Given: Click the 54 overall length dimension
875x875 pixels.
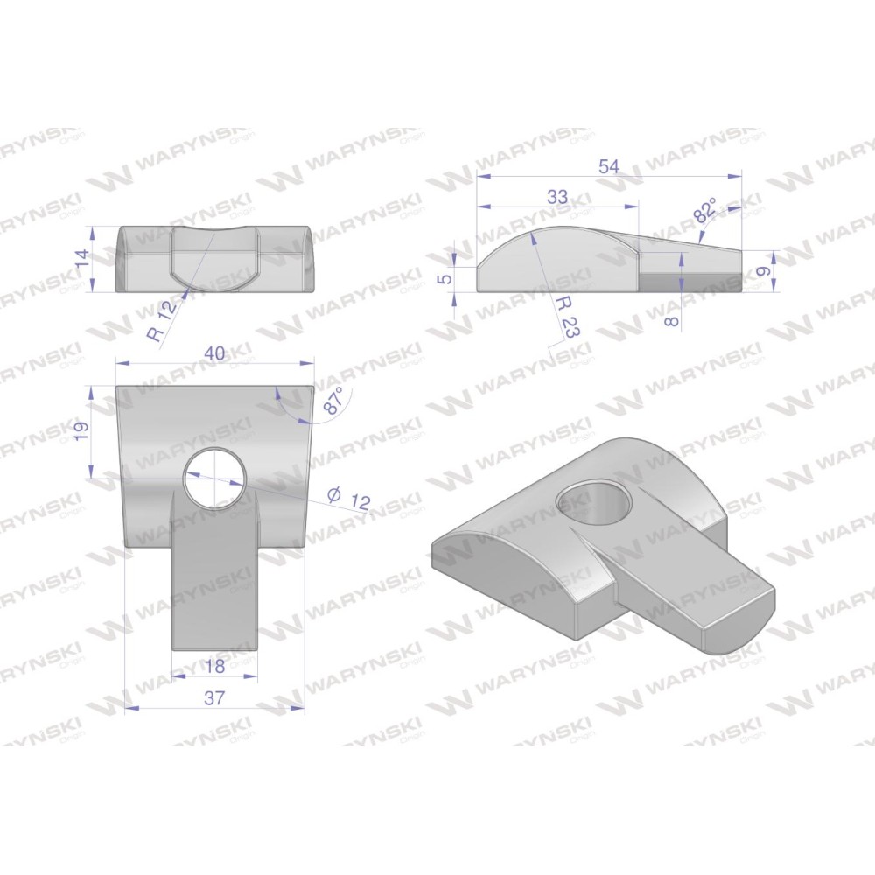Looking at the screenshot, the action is point(609,167).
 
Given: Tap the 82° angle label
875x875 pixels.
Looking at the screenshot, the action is point(704,210).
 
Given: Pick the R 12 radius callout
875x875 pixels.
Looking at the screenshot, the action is point(163,318).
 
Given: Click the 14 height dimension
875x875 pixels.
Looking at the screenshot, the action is point(81,258).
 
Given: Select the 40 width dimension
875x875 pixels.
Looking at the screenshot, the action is point(214,353).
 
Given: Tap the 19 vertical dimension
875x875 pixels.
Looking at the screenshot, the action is point(81,430).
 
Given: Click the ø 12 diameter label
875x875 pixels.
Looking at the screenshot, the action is point(349,499).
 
